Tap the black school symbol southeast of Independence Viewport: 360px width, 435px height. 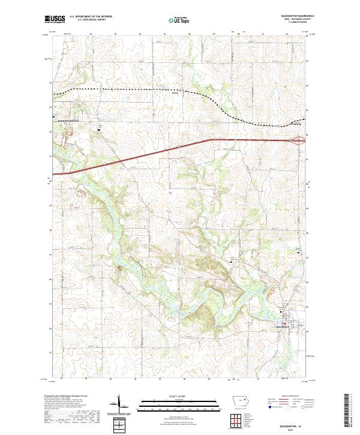click(100, 128)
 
